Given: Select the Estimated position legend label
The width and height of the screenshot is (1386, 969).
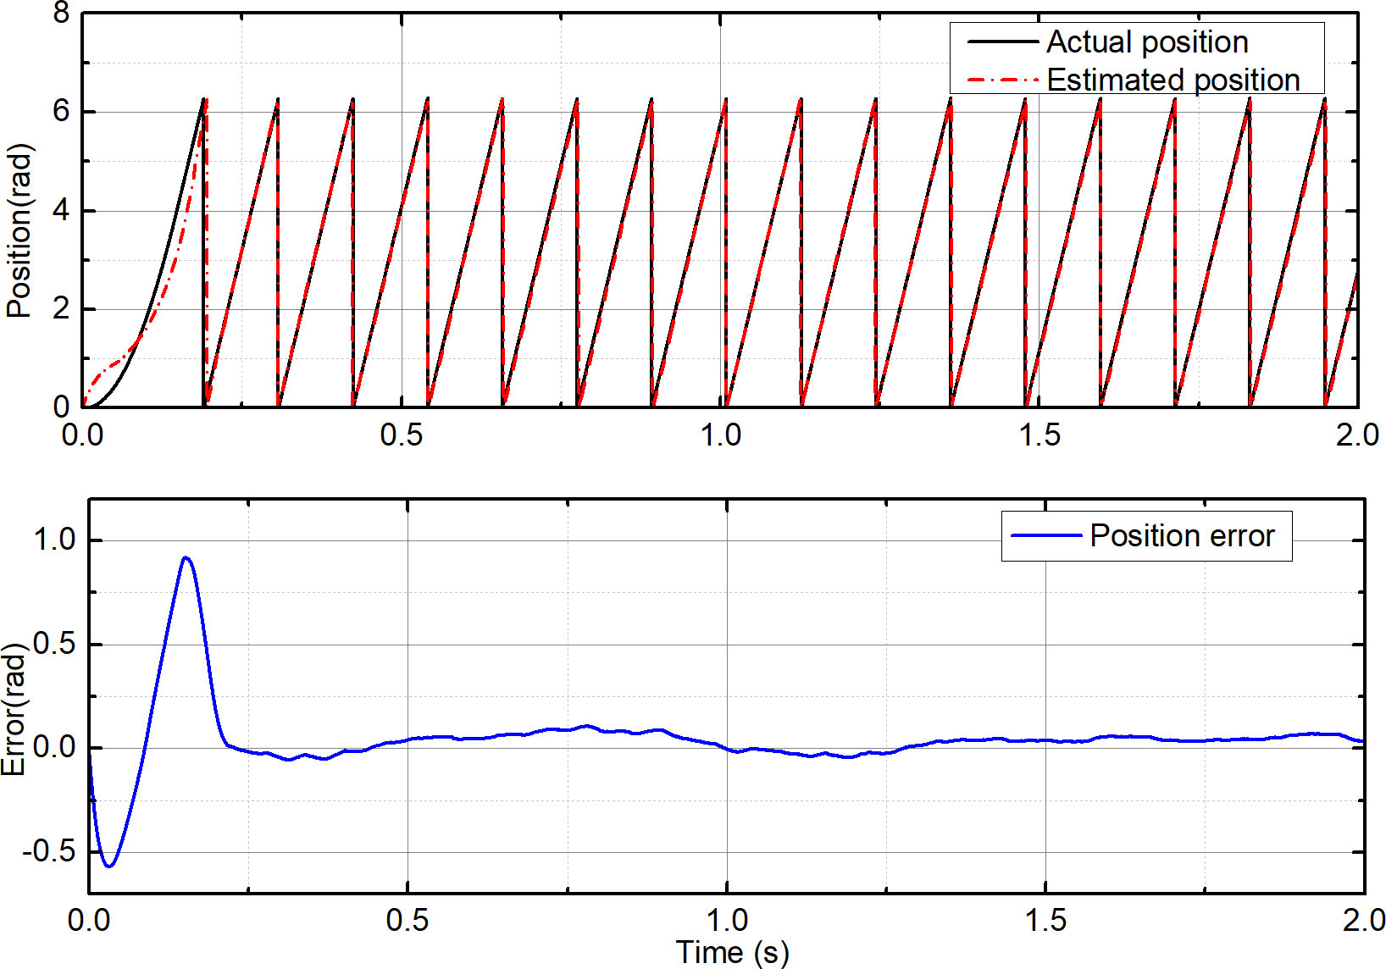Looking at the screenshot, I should pos(1173,80).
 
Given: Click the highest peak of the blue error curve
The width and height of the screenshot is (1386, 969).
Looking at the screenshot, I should pos(186,558).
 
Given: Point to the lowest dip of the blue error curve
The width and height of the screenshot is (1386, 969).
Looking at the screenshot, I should pos(108,866).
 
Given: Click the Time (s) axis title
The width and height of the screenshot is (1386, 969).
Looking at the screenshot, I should pos(732,952).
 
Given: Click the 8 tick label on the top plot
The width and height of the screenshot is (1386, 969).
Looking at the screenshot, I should pos(61,13).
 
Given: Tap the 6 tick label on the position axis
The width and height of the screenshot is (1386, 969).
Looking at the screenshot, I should pos(61,112).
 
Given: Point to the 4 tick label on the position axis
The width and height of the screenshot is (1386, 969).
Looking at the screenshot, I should pos(61,210).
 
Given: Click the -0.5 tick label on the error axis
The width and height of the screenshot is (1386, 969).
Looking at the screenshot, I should pos(49,851).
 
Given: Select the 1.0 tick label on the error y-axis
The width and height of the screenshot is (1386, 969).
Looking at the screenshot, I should pos(54,540).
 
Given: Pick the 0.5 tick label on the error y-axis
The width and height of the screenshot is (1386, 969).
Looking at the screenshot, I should pos(54,644).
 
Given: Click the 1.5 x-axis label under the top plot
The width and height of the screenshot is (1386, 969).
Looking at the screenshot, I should pos(1039,435).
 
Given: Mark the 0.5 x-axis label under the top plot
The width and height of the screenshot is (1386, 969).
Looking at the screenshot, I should pos(402,435).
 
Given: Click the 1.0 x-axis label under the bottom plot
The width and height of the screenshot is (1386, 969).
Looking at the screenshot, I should pos(727,920).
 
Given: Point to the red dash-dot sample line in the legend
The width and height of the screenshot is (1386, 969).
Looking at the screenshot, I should pos(1003,80).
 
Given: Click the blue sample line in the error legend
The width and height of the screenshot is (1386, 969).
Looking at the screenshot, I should pos(1046,535).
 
